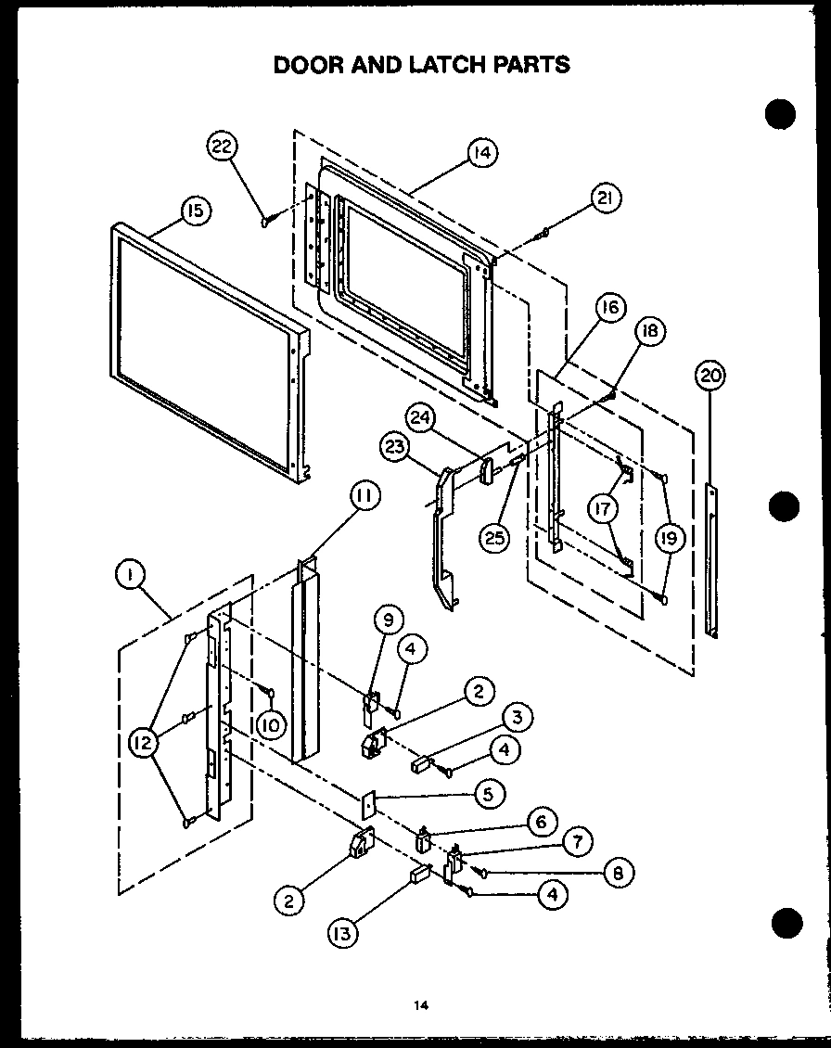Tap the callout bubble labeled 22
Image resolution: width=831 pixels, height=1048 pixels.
pyautogui.click(x=223, y=147)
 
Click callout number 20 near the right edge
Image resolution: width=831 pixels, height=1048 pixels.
pyautogui.click(x=710, y=376)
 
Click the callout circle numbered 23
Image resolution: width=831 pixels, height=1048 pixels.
pyautogui.click(x=395, y=448)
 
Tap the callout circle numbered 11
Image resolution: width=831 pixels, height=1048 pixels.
pyautogui.click(x=364, y=497)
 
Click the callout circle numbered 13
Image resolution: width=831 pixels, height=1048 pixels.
pyautogui.click(x=342, y=934)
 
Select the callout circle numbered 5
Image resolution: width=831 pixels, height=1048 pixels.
pyautogui.click(x=490, y=793)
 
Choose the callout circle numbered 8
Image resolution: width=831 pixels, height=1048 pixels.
pyautogui.click(x=617, y=872)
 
